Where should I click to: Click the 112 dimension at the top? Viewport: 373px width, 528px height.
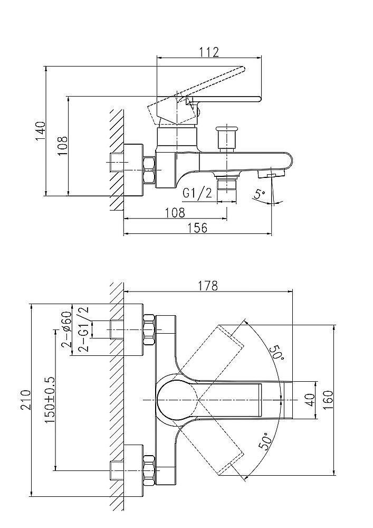pyautogui.click(x=210, y=52)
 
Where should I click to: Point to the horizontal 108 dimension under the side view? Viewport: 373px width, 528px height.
pyautogui.click(x=175, y=212)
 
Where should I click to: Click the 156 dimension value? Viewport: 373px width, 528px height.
pyautogui.click(x=197, y=228)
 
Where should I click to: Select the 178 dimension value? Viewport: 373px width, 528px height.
pyautogui.click(x=207, y=286)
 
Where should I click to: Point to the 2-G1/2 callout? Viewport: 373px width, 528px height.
pyautogui.click(x=83, y=328)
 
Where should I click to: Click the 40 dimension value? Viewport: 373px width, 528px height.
pyautogui.click(x=310, y=400)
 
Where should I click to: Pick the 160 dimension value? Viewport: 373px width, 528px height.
pyautogui.click(x=327, y=400)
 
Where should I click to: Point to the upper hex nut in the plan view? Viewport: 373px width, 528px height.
pyautogui.click(x=148, y=330)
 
